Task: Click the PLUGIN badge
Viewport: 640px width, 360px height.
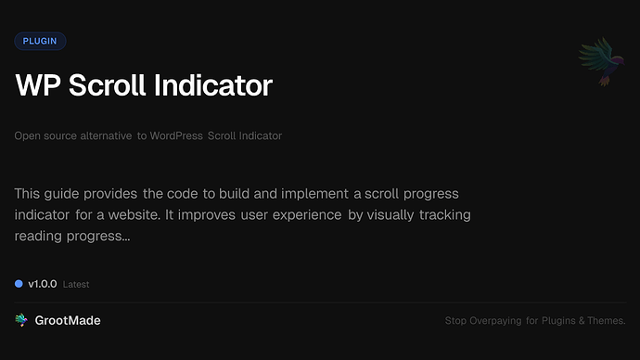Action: [40, 41]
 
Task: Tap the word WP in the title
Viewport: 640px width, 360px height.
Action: [35, 85]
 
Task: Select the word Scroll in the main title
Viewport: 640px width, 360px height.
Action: [105, 85]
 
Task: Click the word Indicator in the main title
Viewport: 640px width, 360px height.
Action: [214, 85]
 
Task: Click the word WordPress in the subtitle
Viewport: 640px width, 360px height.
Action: [177, 136]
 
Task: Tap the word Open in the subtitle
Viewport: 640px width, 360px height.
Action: [27, 136]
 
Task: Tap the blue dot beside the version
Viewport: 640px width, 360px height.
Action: [19, 283]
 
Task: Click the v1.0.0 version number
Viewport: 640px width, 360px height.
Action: [43, 283]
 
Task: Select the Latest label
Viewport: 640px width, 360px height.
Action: [76, 284]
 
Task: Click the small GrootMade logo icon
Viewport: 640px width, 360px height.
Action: [20, 320]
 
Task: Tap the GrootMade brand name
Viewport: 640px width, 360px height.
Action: [68, 320]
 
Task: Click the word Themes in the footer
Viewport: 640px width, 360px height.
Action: [605, 321]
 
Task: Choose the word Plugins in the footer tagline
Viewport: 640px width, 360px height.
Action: [562, 321]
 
